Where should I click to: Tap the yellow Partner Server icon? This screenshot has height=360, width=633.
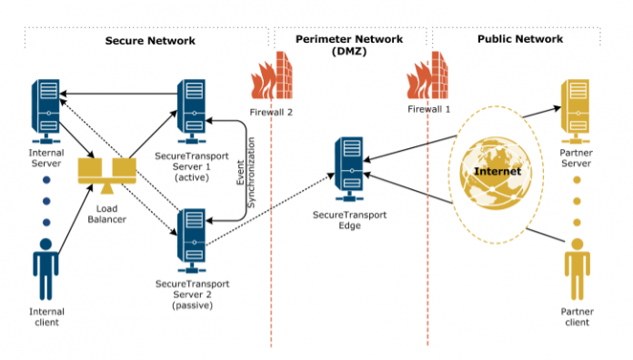tap(578, 109)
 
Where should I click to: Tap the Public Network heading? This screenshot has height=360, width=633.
tap(519, 40)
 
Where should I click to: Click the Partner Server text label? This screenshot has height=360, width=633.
tap(578, 159)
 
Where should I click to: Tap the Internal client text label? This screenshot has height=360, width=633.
tap(45, 315)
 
